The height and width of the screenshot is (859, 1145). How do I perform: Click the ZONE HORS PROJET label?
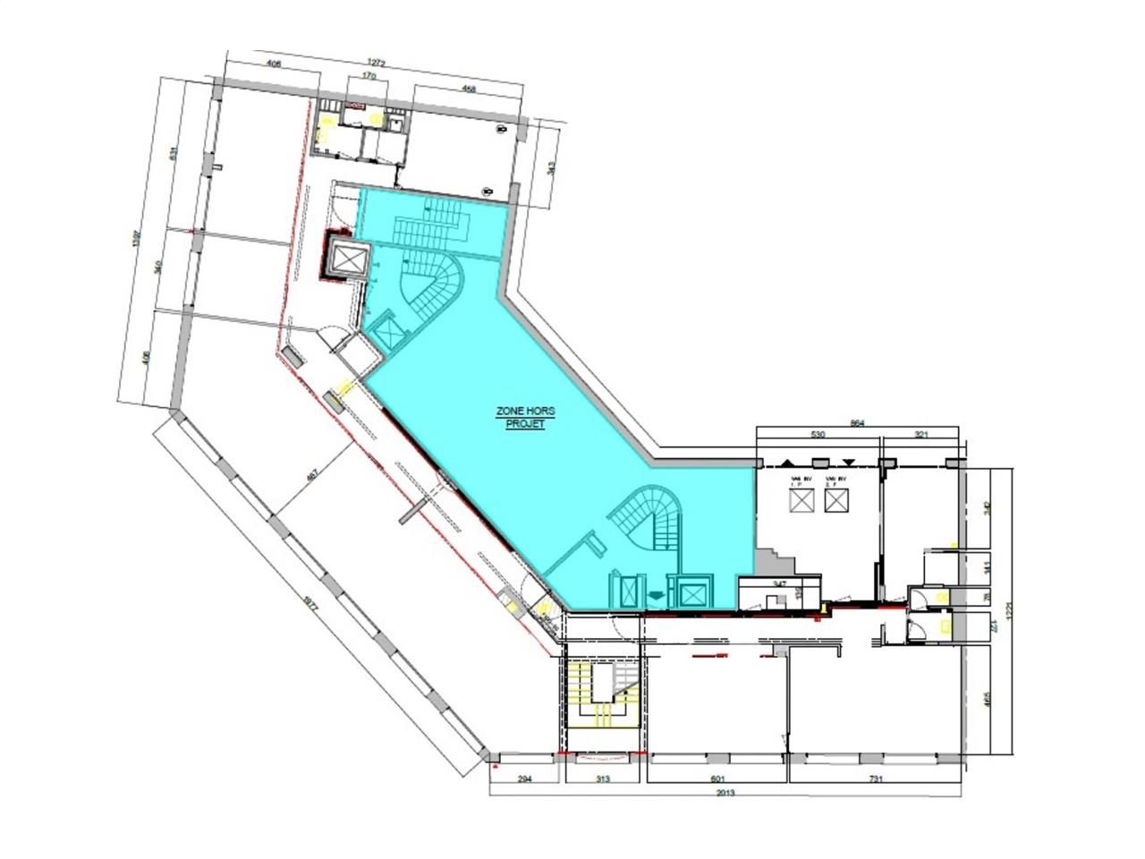526,417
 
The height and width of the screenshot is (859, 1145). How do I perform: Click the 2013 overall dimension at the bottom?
725,792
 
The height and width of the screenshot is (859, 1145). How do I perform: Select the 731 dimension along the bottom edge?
876,779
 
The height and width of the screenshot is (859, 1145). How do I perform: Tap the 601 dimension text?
717,779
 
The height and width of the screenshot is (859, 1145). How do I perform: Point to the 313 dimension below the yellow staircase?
602,779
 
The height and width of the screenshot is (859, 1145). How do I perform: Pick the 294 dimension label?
525,779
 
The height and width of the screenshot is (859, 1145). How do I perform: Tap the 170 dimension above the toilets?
368,76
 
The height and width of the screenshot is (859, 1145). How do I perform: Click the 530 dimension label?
817,434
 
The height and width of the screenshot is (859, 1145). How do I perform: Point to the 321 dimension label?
922,434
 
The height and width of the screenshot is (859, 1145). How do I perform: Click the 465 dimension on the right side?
987,698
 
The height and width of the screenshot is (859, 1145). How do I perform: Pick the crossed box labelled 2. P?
835,501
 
